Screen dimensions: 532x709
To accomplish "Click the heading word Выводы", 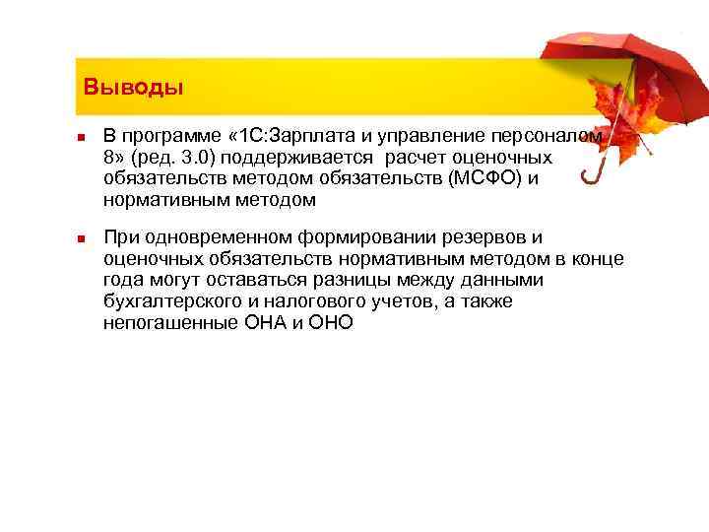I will click(x=133, y=87).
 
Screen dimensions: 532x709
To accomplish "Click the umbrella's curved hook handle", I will click(x=592, y=173).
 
